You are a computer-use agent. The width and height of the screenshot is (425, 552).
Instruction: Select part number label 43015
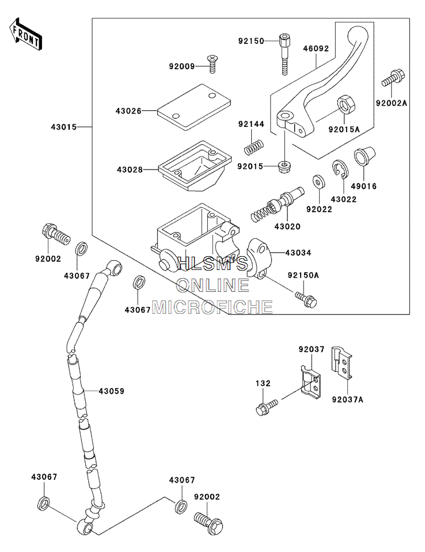63,127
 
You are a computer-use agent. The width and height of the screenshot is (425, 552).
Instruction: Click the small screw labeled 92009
212,63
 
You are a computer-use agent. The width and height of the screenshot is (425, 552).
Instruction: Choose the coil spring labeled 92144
253,147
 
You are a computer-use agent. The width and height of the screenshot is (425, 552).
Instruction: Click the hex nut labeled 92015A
347,104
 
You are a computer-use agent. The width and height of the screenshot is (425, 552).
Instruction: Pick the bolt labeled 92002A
393,78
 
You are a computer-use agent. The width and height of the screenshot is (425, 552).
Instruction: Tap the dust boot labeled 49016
365,156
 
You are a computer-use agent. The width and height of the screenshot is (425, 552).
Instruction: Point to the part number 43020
287,226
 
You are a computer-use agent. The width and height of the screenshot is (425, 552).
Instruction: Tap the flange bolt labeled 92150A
306,298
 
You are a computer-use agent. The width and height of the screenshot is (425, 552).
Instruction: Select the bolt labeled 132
267,407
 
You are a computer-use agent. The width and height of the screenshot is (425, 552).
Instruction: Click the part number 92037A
347,399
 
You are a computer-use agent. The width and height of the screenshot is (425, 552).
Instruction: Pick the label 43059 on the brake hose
112,390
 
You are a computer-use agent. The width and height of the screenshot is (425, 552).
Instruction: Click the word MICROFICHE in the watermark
212,307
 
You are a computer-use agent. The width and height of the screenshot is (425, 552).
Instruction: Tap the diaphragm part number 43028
130,170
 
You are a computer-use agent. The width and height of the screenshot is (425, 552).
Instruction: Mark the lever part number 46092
316,48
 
